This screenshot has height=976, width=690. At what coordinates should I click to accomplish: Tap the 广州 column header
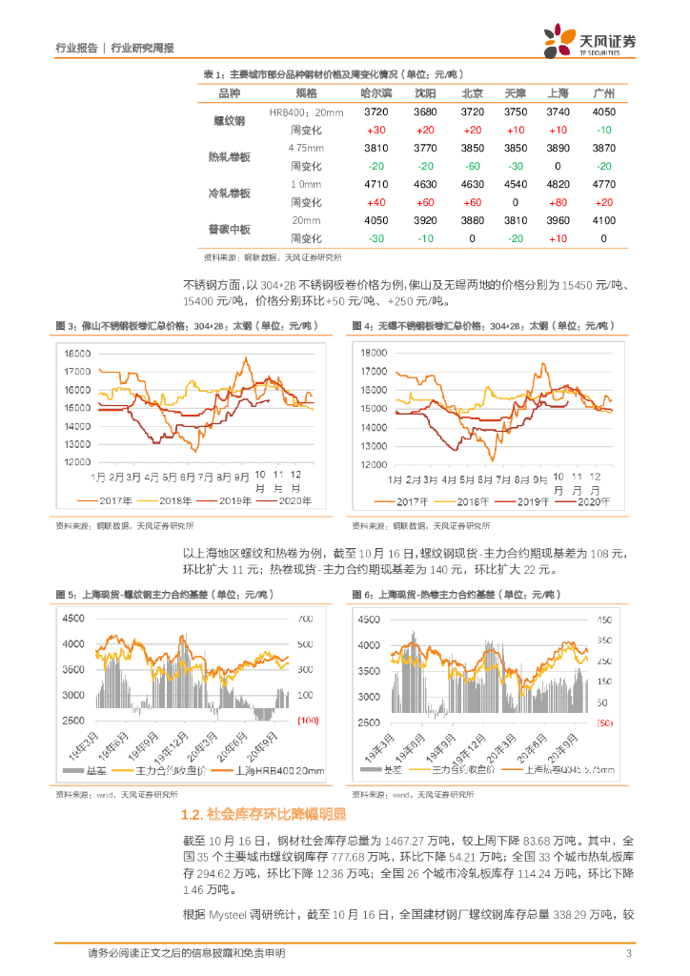point(603,92)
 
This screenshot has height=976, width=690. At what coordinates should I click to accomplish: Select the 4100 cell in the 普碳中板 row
point(603,220)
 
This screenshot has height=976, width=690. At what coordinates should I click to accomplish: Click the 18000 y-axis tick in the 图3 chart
point(77,354)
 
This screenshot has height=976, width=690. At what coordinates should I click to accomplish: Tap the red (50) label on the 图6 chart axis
point(604,724)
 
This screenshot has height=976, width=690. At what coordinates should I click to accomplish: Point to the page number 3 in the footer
point(628,953)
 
